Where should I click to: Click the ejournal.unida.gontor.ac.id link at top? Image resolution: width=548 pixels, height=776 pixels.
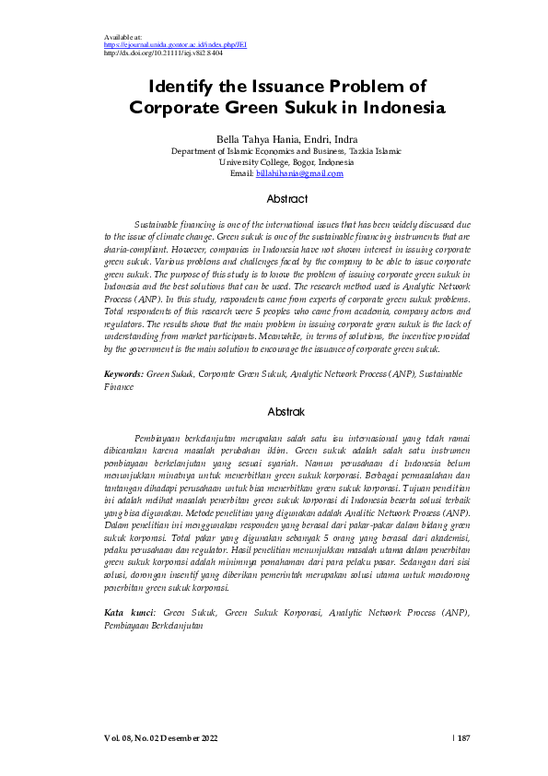(x=174, y=44)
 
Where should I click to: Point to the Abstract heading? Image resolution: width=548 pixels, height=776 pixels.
(x=286, y=199)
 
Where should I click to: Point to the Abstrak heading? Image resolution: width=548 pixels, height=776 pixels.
(x=286, y=411)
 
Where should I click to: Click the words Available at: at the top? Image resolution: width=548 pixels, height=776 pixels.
(x=123, y=37)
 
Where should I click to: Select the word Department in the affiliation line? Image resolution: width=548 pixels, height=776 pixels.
(x=196, y=150)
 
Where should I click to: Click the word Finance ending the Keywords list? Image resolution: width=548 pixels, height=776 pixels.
(x=119, y=388)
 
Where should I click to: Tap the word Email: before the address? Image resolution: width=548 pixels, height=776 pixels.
(x=241, y=173)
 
